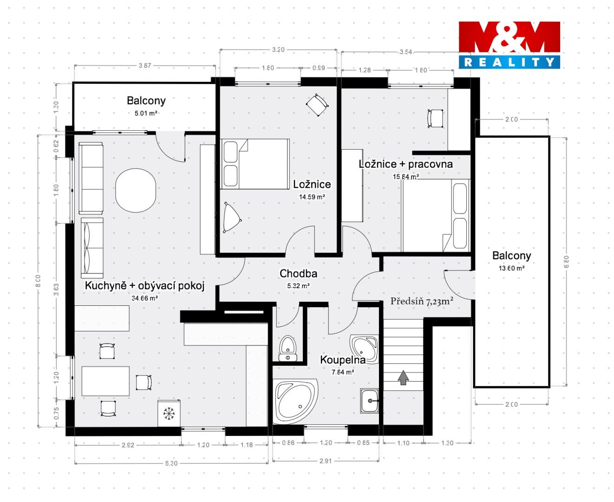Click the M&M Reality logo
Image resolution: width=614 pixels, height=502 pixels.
509,45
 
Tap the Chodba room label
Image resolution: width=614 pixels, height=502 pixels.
299,273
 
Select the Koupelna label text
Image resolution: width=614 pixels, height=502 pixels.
343,360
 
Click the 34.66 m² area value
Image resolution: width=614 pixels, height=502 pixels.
145,298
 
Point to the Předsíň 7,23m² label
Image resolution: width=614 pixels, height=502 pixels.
422,302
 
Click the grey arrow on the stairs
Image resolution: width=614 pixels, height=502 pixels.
403,377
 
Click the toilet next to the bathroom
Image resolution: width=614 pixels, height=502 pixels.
287,349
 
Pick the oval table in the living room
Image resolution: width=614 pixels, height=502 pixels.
136,191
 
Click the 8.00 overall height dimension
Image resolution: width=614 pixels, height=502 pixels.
38,281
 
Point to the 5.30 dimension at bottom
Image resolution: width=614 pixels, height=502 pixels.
171,463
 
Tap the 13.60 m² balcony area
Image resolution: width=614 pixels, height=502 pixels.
511,268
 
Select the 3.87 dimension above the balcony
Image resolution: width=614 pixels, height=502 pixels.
145,66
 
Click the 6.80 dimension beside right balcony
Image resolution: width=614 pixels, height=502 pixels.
566,261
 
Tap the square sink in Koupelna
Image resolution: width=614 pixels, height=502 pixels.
369,401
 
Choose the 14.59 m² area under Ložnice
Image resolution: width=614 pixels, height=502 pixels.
312,197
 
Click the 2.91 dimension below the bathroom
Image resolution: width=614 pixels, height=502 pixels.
326,461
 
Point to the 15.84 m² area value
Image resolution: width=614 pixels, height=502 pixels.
406,177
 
